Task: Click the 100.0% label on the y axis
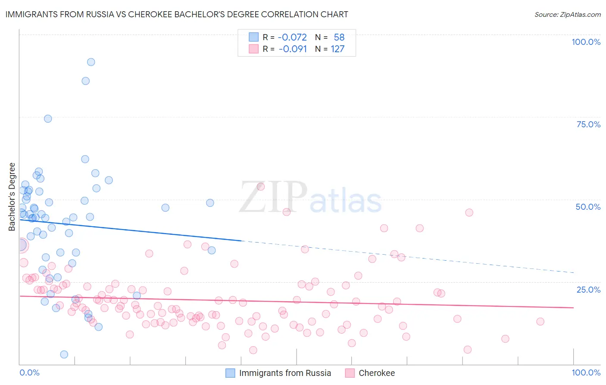586,42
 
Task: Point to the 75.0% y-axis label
588,124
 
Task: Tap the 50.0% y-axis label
588,207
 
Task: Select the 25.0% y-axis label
588,290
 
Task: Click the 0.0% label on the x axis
29,372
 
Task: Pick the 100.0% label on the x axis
586,372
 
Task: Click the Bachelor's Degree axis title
12,196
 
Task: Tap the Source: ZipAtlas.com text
567,14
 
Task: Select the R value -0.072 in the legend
292,38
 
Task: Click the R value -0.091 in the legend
293,49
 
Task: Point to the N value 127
337,49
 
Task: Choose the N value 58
339,38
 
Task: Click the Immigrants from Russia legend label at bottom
285,373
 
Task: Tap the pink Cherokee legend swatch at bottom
350,373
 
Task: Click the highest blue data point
91,62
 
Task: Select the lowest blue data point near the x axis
64,354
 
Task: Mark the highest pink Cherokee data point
260,186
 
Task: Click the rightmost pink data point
540,322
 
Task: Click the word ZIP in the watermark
272,198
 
